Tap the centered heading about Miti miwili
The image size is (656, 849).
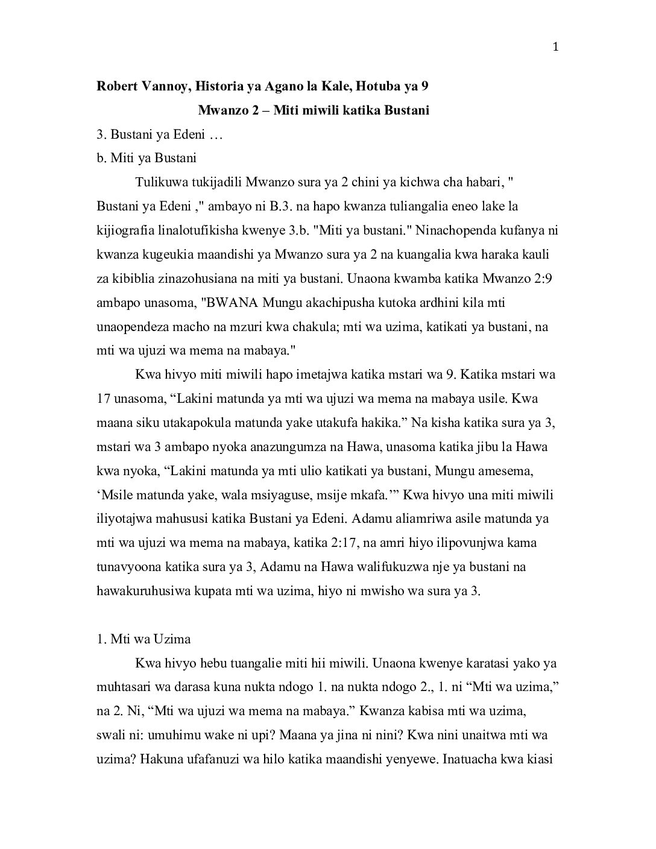click(x=314, y=111)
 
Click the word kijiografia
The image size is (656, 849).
click(x=126, y=230)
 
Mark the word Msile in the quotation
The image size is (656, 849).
click(x=118, y=495)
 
